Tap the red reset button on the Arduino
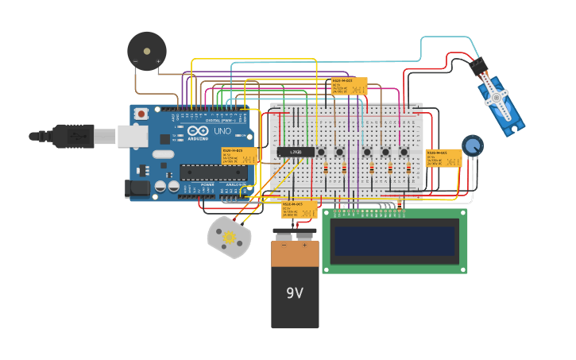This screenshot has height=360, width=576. (x=141, y=114)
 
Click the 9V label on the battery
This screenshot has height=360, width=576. (x=295, y=292)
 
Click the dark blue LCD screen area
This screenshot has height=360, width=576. (x=395, y=240)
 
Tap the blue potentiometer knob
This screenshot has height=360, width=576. (x=472, y=145)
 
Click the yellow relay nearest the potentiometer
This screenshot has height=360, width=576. (x=443, y=157)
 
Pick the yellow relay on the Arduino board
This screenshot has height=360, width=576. (x=239, y=155)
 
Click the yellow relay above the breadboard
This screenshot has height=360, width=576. (x=349, y=85)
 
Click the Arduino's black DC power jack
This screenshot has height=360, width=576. (x=137, y=189)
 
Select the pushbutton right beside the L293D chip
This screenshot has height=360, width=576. (x=321, y=151)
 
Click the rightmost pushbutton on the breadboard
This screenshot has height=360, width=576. (x=404, y=152)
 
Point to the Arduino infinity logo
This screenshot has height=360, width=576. (x=198, y=131)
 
